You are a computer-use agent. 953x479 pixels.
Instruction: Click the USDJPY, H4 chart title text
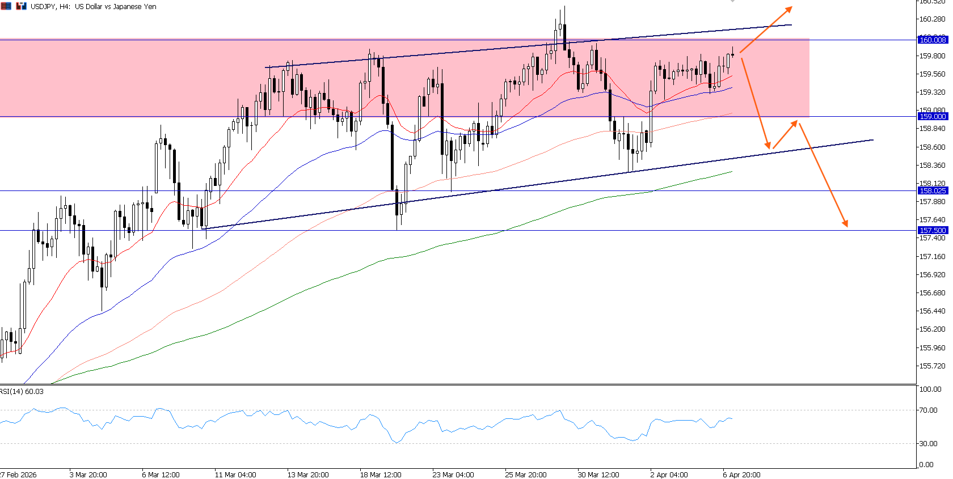click(x=93, y=7)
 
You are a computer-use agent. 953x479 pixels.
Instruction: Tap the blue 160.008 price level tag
click(x=933, y=40)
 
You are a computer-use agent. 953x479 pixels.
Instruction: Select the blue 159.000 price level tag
click(x=933, y=116)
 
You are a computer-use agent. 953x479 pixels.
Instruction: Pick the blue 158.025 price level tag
click(x=933, y=191)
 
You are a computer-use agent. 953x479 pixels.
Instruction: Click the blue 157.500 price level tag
click(x=933, y=231)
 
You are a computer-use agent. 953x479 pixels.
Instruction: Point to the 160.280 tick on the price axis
click(x=932, y=19)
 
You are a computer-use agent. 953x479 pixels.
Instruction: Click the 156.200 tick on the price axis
click(x=932, y=329)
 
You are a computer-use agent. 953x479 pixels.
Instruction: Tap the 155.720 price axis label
click(x=932, y=366)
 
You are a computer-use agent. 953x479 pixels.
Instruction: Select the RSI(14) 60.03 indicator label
click(x=22, y=392)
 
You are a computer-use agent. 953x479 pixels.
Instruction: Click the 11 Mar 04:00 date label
click(x=235, y=475)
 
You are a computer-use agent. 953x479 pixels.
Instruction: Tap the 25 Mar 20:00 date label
click(x=526, y=475)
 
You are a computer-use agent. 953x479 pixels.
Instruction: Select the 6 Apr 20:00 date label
click(x=741, y=475)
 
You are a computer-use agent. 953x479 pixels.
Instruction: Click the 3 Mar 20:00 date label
click(x=88, y=475)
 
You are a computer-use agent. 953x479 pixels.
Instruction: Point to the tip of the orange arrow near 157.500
click(x=847, y=226)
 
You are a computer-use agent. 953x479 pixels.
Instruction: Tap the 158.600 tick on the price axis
click(x=932, y=147)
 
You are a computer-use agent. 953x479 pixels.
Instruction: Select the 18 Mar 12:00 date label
click(x=381, y=475)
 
